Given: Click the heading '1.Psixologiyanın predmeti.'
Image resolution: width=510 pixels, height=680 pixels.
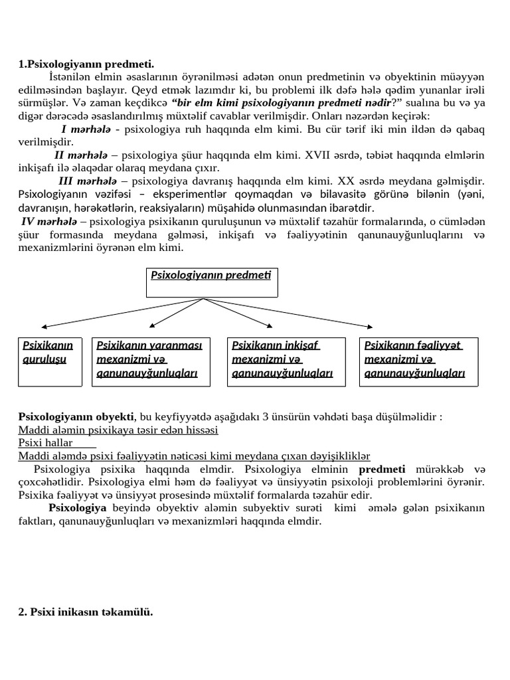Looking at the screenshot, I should (x=86, y=64).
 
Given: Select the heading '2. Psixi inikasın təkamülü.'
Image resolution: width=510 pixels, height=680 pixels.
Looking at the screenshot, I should (x=86, y=612).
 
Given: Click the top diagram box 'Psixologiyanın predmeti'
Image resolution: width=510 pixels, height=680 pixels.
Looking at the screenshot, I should (x=211, y=282).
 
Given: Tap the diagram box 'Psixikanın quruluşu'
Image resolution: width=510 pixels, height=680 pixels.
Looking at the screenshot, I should (x=50, y=361).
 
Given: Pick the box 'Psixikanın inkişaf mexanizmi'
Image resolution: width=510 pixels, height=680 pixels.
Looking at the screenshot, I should (x=286, y=361).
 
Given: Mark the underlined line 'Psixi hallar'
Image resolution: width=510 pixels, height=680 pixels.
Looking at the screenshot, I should (x=46, y=442).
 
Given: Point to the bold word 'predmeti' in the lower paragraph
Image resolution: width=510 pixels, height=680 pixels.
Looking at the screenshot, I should (x=382, y=468).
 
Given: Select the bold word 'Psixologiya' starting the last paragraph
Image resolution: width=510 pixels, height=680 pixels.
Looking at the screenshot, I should (x=78, y=507).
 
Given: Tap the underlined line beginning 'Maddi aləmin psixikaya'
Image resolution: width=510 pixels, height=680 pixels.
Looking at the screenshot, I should (x=118, y=430).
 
